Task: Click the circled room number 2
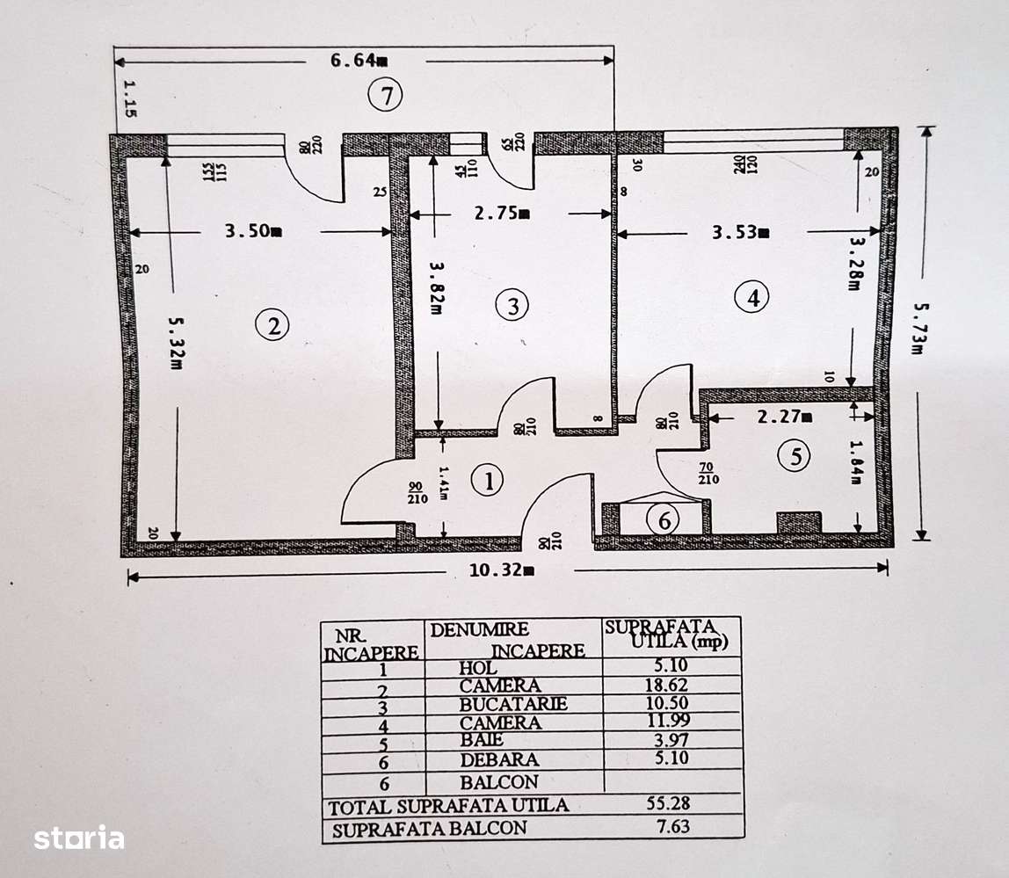coord(272,326)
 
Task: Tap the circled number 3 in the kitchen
coord(512,305)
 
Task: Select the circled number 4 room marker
coord(752,298)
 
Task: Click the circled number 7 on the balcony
coord(385,94)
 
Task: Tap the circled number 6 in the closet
coord(664,519)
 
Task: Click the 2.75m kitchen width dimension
coord(500,213)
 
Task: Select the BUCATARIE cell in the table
coord(512,704)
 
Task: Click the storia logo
coord(79,838)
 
